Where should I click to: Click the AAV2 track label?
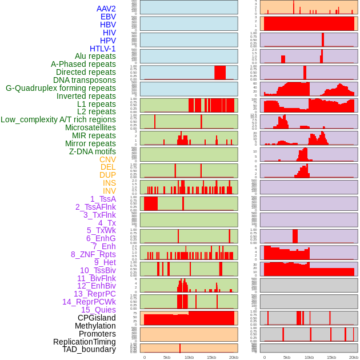coord(106,9)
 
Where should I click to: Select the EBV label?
coord(108,17)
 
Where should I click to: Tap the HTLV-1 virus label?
coord(103,49)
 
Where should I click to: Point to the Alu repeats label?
coord(95,56)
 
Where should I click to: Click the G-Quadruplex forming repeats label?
coord(61,88)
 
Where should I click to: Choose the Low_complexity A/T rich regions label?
coord(58,119)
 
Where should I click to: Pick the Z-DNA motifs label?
coord(93,151)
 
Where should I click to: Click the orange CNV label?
coord(107,159)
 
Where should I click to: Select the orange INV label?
coord(109,191)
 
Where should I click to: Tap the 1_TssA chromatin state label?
coord(103,199)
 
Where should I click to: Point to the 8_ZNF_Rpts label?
coord(93,254)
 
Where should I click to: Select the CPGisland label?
coord(97,318)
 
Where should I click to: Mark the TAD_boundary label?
coord(89,349)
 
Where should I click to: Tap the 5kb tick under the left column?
coord(167,357)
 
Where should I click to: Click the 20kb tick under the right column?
coord(354,357)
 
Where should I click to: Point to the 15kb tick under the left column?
coord(211,357)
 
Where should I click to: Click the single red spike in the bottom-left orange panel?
coord(180,348)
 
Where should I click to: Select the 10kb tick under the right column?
coord(309,357)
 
